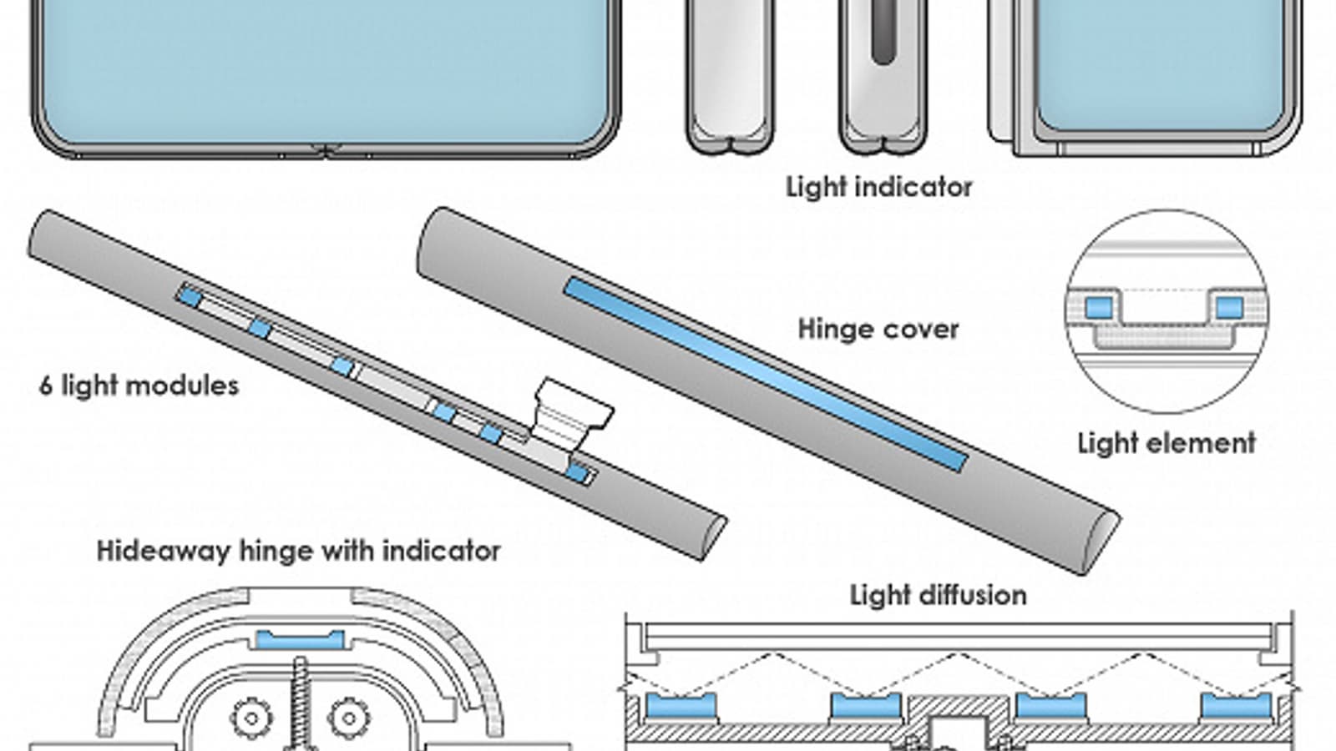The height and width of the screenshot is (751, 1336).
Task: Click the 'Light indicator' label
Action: coord(878,187)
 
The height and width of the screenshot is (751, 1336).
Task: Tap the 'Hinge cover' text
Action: coord(878,329)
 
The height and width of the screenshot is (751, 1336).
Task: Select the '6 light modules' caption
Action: coord(139,386)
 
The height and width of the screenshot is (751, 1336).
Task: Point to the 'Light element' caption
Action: coord(1166,442)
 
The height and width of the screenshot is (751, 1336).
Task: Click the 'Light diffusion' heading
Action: coord(938,595)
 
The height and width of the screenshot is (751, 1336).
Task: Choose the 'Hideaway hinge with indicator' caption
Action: coord(298,551)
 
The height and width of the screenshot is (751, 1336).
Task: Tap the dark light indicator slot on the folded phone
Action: coord(883,33)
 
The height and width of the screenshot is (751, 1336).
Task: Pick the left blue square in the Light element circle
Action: coord(1099,307)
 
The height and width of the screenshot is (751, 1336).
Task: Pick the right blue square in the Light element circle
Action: coord(1229,307)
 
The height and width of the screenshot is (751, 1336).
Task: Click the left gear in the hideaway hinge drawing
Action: coord(250,715)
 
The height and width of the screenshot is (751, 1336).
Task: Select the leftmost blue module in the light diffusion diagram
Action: coord(681,706)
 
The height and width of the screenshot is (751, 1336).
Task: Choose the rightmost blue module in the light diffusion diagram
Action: coord(1236,706)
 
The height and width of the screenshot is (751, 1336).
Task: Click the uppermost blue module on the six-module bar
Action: coord(191,295)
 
